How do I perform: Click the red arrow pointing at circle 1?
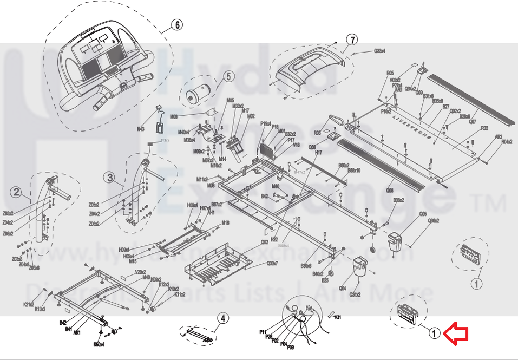(456, 333)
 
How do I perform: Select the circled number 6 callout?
(177, 25)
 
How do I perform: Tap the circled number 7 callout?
(352, 40)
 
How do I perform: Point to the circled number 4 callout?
(222, 318)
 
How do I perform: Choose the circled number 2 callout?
(17, 191)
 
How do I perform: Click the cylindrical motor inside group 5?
(194, 96)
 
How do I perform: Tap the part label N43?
(140, 129)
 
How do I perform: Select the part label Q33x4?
(379, 51)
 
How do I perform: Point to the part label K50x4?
(99, 344)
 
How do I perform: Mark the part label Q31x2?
(355, 294)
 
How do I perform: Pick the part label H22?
(274, 239)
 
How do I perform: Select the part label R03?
(318, 133)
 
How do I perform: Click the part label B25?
(325, 280)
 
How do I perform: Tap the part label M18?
(225, 222)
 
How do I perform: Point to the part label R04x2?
(507, 142)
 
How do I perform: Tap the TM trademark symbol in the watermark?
(489, 203)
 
